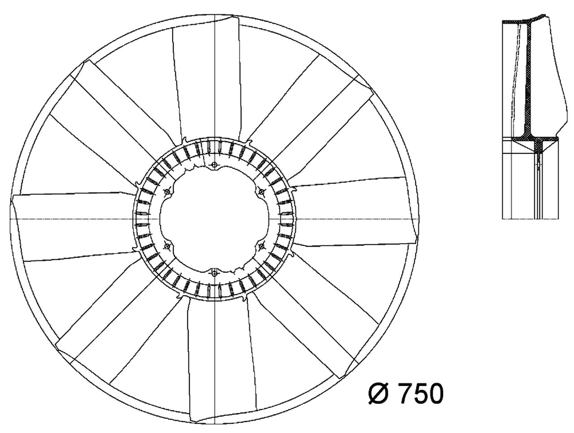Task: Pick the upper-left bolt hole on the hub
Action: click(167, 192)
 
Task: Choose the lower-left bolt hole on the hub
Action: click(166, 246)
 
